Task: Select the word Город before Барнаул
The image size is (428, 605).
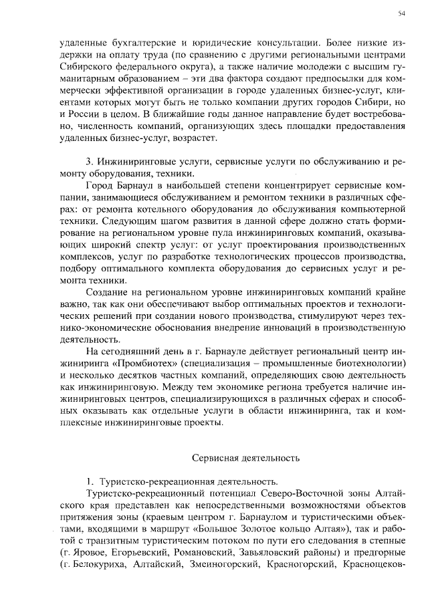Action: pos(101,185)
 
